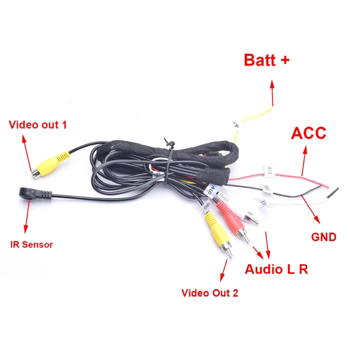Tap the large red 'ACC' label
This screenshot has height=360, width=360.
tap(309, 133)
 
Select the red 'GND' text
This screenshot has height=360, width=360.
tap(323, 237)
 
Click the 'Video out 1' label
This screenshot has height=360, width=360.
tap(38, 125)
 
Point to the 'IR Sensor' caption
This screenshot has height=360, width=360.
tap(31, 245)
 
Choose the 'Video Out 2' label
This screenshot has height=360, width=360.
tap(210, 293)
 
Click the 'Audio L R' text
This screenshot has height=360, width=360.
tap(276, 269)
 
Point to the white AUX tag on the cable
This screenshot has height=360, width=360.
tap(212, 190)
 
